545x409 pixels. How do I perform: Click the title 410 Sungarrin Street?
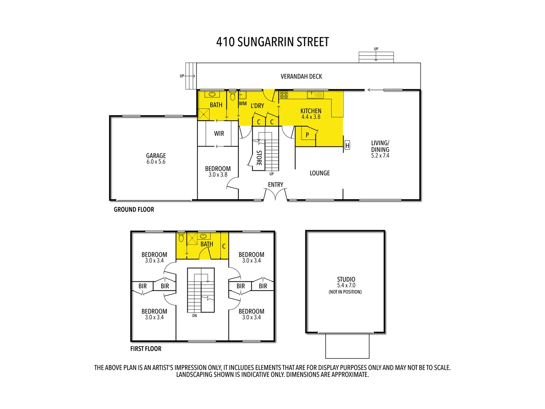pyautogui.click(x=272, y=42)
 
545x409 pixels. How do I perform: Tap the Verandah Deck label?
pyautogui.click(x=301, y=76)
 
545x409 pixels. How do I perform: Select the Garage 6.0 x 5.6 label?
pyautogui.click(x=156, y=158)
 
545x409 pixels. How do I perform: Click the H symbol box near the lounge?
pyautogui.click(x=347, y=145)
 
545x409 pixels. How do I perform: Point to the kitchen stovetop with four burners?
pyautogui.click(x=284, y=95)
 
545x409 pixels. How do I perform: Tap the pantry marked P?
pyautogui.click(x=307, y=135)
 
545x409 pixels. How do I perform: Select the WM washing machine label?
pyautogui.click(x=243, y=103)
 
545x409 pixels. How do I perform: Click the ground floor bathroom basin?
pyautogui.click(x=212, y=94)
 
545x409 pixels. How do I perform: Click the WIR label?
pyautogui.click(x=219, y=134)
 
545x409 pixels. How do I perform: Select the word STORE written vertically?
pyautogui.click(x=259, y=158)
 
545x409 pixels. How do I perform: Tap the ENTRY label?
pyautogui.click(x=276, y=184)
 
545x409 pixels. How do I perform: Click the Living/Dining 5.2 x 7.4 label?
pyautogui.click(x=380, y=149)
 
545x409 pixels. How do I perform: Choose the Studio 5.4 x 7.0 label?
pyautogui.click(x=346, y=283)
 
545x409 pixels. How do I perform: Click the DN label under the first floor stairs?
pyautogui.click(x=195, y=316)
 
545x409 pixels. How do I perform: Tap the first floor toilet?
pyautogui.click(x=181, y=237)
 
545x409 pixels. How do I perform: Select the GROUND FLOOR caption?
pyautogui.click(x=134, y=209)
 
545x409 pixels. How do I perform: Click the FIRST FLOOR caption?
pyautogui.click(x=146, y=349)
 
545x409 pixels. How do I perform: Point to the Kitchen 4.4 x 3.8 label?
pyautogui.click(x=311, y=114)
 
